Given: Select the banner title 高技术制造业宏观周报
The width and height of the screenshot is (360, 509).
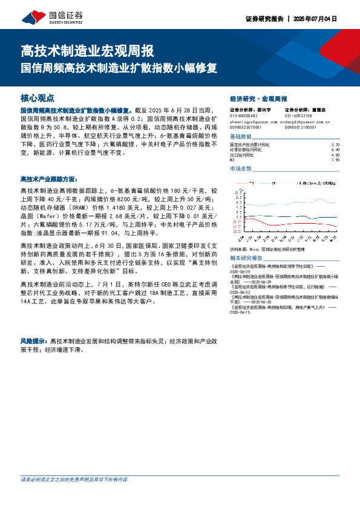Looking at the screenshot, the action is click(x=88, y=50).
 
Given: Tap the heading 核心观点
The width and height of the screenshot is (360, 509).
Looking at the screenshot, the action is click(x=38, y=97).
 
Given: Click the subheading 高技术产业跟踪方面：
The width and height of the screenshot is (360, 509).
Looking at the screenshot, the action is click(x=49, y=180).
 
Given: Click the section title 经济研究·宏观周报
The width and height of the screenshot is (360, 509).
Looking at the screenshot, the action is click(x=258, y=98).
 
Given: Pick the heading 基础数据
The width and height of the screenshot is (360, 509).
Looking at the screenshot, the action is click(x=242, y=137).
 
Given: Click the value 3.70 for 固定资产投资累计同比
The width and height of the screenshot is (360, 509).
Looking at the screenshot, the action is click(x=336, y=146).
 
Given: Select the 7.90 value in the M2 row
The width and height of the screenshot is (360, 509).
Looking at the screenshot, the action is click(x=336, y=160).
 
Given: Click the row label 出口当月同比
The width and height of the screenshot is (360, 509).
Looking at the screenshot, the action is click(x=243, y=155).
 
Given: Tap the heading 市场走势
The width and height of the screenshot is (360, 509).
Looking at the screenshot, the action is click(x=242, y=169).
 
